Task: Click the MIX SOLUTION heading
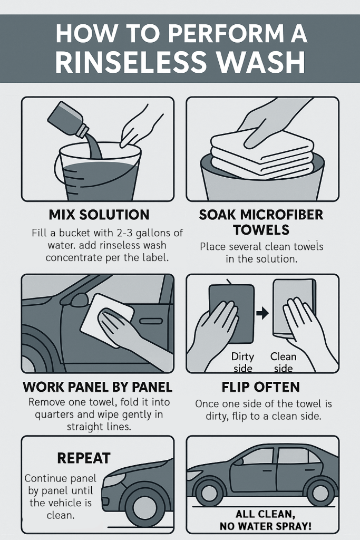tap(99, 215)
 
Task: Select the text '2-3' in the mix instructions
tap(122, 233)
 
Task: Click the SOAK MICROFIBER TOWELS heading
tap(261, 222)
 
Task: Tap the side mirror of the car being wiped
tap(79, 300)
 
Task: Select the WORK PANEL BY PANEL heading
tap(98, 387)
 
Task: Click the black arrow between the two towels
tap(262, 313)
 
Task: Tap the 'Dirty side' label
tap(242, 362)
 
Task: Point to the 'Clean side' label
tap(283, 362)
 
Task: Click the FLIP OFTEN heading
tap(260, 387)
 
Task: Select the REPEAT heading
tap(84, 458)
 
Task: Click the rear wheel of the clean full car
tap(320, 493)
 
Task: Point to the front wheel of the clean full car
tap(209, 493)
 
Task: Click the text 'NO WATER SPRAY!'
tap(265, 526)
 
